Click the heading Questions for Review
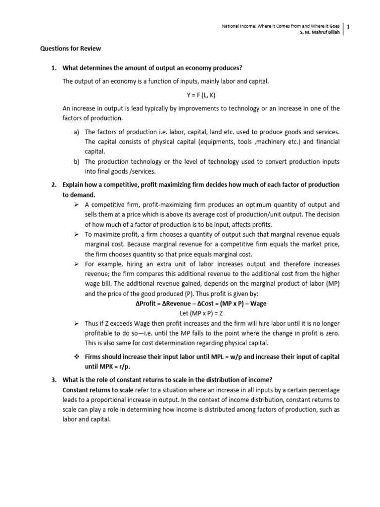click(x=70, y=49)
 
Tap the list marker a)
click(x=76, y=132)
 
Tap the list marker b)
click(x=76, y=161)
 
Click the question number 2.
click(x=54, y=185)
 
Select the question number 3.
click(x=54, y=380)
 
